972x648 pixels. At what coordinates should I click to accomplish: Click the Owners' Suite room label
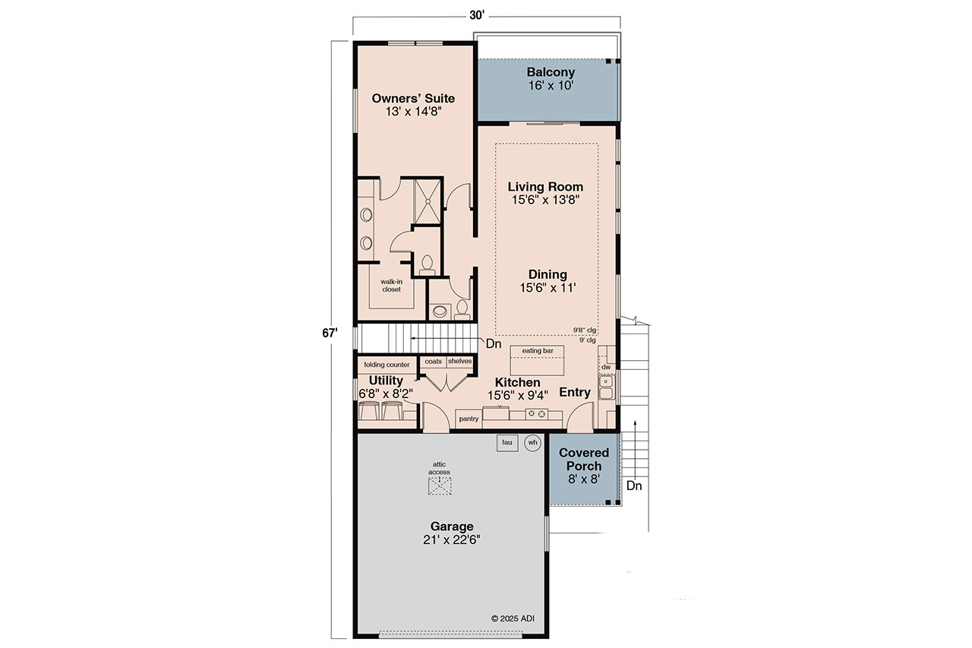[x=413, y=98]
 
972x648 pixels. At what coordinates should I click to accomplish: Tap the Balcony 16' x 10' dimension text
[x=551, y=86]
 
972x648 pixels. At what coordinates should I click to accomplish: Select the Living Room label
[x=545, y=187]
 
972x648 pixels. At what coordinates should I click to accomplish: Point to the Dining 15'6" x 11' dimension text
[x=548, y=288]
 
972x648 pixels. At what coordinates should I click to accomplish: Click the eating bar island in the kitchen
[x=538, y=359]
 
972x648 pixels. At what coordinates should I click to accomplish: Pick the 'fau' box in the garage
[x=507, y=442]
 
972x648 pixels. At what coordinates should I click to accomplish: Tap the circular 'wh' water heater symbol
[x=532, y=442]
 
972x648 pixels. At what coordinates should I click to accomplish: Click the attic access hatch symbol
[x=439, y=486]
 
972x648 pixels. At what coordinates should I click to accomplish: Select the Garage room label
[x=452, y=526]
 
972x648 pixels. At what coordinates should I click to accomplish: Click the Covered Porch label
[x=584, y=460]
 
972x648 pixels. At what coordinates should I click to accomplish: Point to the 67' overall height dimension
[x=327, y=332]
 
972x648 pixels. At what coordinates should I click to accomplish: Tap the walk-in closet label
[x=391, y=285]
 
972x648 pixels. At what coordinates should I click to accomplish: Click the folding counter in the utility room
[x=387, y=365]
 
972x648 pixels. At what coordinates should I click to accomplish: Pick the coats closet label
[x=433, y=362]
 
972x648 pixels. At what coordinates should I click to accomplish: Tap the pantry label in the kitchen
[x=469, y=419]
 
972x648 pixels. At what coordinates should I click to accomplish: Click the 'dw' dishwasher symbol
[x=605, y=367]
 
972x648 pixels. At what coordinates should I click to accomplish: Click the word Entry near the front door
[x=575, y=392]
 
